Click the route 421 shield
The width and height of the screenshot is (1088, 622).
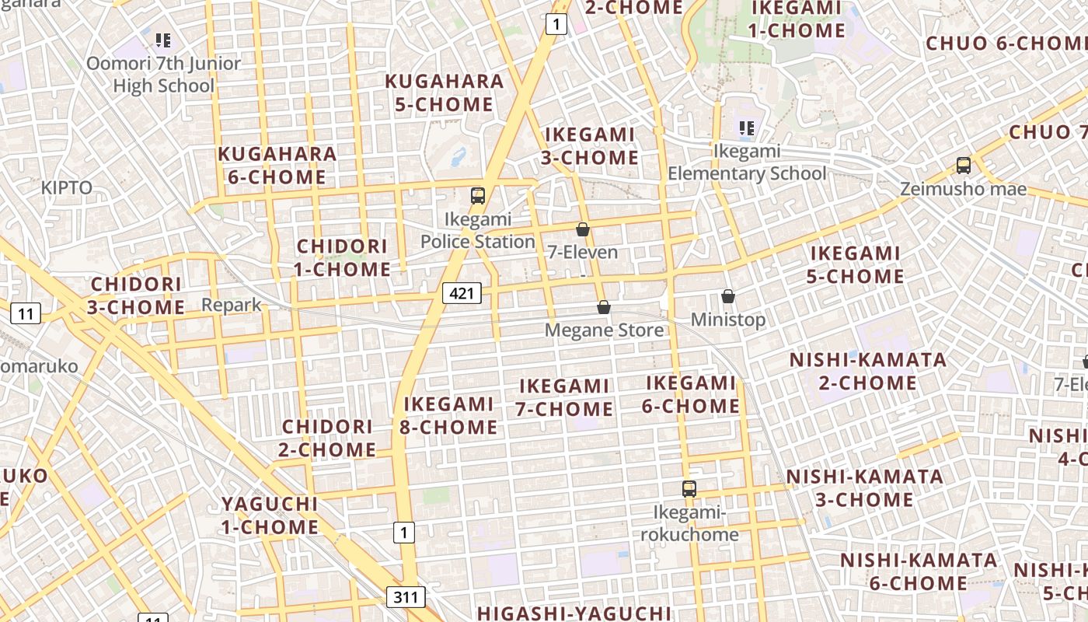coord(462,293)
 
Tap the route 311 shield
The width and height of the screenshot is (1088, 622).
coord(406,597)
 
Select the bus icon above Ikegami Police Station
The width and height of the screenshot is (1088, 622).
coord(478,196)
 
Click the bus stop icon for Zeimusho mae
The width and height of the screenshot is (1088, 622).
coord(964,165)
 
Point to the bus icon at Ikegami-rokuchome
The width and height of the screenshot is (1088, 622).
coord(689,489)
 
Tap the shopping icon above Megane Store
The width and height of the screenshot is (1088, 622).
coord(604,308)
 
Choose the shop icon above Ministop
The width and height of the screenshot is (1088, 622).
coord(728,296)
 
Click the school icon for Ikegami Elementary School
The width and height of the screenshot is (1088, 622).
coord(747,128)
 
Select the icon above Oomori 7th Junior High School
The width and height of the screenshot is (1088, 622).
coord(163,40)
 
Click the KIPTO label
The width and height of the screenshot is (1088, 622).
coord(67,188)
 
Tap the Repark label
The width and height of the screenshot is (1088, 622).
coord(232,305)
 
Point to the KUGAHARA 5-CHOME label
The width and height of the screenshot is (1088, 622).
coord(445,93)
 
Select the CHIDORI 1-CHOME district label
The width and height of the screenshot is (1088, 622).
coord(343,258)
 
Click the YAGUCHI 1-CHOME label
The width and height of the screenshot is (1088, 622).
coord(270,515)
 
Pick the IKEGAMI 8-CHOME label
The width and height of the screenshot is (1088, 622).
coord(448,415)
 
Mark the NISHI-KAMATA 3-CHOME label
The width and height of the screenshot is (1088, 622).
coord(864,487)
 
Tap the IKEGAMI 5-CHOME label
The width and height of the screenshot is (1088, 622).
coord(856,265)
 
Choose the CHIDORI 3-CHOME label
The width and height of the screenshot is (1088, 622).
coord(136,295)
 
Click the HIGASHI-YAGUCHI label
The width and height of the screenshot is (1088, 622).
coord(574,613)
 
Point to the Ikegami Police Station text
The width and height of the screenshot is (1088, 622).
coord(478,231)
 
